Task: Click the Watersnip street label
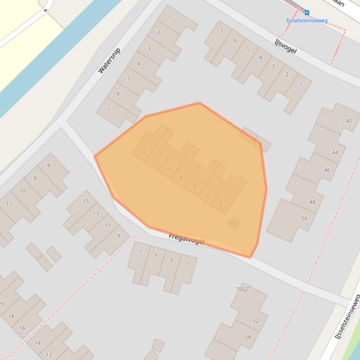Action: (109, 60)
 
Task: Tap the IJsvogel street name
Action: (286, 46)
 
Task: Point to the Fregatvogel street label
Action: (186, 240)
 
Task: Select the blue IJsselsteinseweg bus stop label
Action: (307, 21)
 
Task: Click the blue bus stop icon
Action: (307, 13)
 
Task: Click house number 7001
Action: (232, 223)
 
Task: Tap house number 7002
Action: (242, 289)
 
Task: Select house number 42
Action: (349, 121)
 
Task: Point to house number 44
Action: (335, 152)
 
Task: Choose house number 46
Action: (327, 170)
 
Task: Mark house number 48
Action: (312, 202)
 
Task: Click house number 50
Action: (304, 218)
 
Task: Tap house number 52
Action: (256, 321)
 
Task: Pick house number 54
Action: (248, 337)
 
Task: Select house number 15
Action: (86, 201)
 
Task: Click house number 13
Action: (96, 213)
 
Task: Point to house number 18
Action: (11, 317)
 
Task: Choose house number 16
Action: (22, 328)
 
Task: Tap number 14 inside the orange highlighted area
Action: (143, 151)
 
